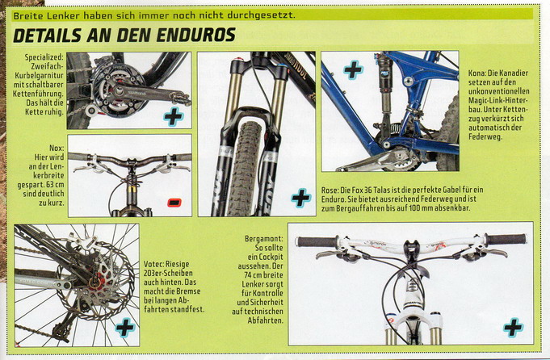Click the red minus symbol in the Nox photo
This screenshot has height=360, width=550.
click(174, 203)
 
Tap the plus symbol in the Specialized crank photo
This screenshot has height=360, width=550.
click(174, 117)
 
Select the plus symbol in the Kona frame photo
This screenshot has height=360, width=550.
click(353, 70)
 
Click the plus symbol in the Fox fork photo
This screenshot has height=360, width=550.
click(301, 198)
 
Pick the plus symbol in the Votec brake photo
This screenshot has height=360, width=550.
click(125, 328)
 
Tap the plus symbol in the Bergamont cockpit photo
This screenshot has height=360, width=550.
click(513, 328)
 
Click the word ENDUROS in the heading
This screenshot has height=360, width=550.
click(196, 35)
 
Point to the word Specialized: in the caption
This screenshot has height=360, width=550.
click(44, 57)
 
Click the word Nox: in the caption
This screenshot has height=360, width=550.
click(57, 148)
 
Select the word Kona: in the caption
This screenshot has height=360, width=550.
click(477, 73)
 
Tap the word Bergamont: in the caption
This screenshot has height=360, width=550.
click(264, 239)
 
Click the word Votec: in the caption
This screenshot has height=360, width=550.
click(153, 264)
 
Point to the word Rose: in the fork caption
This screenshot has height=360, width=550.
click(330, 190)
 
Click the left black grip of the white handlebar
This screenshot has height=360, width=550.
click(317, 241)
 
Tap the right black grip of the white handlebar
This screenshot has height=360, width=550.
click(506, 239)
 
